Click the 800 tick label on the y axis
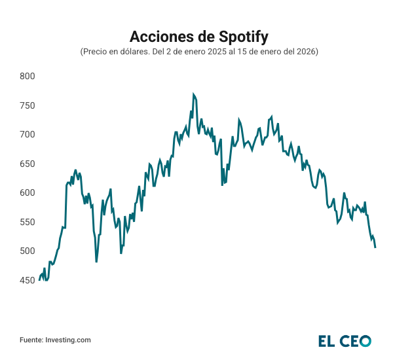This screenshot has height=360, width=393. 27,77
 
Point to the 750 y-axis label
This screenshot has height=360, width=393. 27,105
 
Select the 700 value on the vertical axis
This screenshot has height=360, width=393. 27,135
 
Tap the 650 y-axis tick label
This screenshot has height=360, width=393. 27,164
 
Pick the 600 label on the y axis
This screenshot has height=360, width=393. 27,193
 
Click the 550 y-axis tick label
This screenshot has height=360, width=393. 27,222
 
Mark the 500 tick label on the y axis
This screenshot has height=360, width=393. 27,251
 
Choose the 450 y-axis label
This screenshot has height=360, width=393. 27,280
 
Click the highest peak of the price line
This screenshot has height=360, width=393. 193,94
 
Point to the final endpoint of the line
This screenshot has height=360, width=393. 375,247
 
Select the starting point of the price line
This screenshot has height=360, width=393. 39,279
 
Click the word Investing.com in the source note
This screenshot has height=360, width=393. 68,340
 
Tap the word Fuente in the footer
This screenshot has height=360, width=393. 31,340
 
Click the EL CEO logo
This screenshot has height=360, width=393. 345,340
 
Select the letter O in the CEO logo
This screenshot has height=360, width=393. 364,340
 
